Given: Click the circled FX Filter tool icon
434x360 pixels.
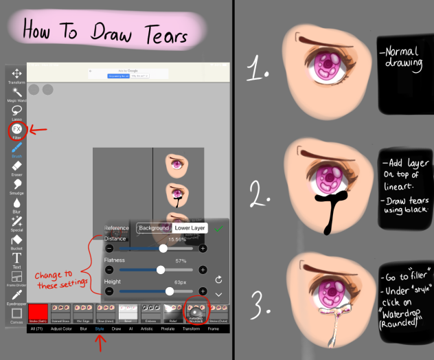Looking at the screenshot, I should click(x=16, y=128).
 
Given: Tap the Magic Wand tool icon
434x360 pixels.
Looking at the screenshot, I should click(x=16, y=91).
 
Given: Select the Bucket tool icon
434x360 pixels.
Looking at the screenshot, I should click(x=16, y=240).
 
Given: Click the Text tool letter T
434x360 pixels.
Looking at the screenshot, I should click(x=16, y=260).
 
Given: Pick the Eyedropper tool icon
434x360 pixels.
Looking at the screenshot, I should click(x=16, y=295).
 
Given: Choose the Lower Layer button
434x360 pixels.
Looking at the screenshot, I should click(x=190, y=228).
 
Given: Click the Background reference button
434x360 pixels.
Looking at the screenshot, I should click(x=153, y=228).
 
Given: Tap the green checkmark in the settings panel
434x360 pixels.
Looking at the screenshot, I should click(x=219, y=228).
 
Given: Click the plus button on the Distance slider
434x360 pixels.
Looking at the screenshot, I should click(x=203, y=248).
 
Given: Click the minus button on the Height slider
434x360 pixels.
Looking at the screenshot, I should click(x=109, y=292).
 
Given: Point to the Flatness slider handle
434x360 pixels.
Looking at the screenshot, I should click(x=161, y=270).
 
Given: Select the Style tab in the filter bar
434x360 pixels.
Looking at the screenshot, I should click(x=100, y=329).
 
